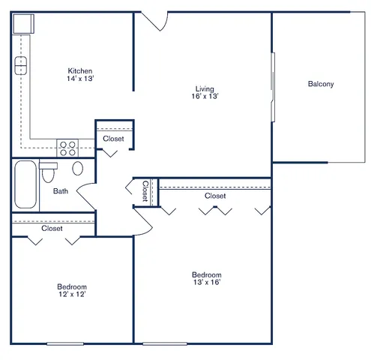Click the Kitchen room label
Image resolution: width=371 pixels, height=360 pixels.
coord(80,70)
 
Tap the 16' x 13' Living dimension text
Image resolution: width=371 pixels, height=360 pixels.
coord(205,96)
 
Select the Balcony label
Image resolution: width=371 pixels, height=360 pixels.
coord(321,84)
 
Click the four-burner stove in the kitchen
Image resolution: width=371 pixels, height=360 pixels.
coord(67,148)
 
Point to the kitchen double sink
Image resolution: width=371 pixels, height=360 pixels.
coord(21,66)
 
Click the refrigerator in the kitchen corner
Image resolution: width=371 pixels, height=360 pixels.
coord(23,24)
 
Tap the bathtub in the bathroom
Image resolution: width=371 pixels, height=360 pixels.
coord(25,184)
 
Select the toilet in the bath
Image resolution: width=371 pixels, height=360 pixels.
coord(48,172)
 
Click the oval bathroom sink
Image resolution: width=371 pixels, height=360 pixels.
coord(78,168)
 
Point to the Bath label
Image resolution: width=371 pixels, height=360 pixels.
coord(61,191)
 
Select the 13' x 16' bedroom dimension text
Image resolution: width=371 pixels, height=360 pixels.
coord(207,282)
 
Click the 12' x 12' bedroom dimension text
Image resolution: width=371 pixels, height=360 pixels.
coord(72,294)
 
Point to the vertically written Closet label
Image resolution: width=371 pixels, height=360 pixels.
coord(145,191)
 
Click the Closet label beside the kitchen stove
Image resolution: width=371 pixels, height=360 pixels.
coord(113,139)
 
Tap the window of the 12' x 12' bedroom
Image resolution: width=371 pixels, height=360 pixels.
coord(65,343)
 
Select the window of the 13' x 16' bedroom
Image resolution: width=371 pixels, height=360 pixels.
coord(165,343)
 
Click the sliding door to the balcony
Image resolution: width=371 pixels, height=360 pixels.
coord(273,87)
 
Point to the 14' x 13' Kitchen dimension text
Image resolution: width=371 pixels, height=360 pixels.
coord(80,79)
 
